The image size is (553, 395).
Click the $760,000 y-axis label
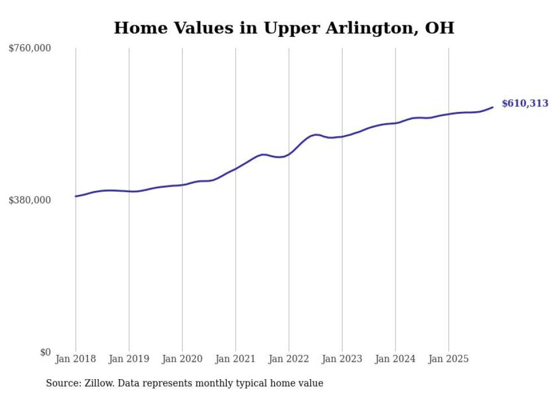pos(30,49)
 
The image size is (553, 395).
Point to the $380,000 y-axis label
pos(30,200)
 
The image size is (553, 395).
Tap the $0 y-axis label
pos(45,352)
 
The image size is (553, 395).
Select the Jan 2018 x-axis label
pos(76,359)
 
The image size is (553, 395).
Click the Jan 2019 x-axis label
pos(129,359)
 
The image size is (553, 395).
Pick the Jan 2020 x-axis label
pos(182,359)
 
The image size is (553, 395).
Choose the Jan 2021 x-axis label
pos(235,359)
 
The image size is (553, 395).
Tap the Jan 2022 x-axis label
pos(288,359)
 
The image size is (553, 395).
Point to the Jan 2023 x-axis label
pos(342,359)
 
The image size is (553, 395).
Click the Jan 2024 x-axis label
pos(395,359)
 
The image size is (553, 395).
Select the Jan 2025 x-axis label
pos(449,359)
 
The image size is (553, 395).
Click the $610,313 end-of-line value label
pos(525,103)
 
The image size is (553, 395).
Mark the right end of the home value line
pos(493,107)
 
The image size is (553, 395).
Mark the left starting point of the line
pos(76,196)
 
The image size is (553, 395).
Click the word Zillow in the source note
pos(98,383)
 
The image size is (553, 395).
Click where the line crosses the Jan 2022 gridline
pos(288,154)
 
